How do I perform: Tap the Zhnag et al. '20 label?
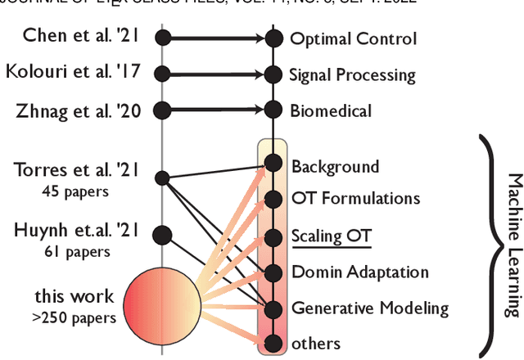[x=78, y=110]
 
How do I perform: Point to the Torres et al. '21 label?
[x=76, y=170]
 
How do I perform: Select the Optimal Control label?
[x=353, y=38]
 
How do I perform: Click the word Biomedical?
[x=330, y=110]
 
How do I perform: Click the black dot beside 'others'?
[x=273, y=344]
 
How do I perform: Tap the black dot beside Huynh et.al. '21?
[x=162, y=235]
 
